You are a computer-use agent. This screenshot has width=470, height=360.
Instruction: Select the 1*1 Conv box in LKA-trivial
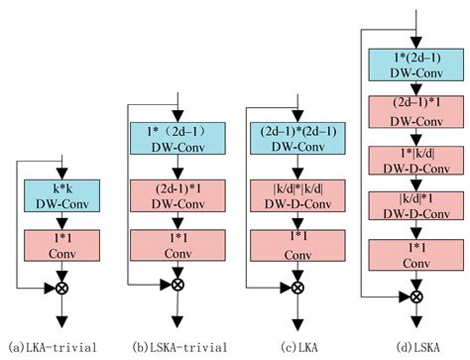point(60,245)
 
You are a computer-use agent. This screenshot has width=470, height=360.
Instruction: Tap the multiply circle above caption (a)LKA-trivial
point(60,288)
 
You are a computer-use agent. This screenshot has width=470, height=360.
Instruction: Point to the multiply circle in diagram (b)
point(177,285)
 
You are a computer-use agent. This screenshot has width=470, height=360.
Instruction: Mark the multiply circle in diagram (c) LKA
point(296,285)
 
